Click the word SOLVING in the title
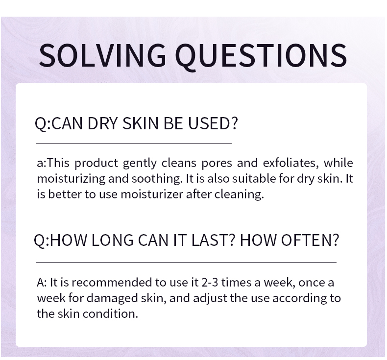[x=102, y=55]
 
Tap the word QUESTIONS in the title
[x=261, y=56]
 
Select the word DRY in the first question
[x=102, y=123]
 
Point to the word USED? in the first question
[x=213, y=123]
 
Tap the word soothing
[x=157, y=179]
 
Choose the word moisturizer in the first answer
[x=151, y=194]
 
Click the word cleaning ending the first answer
[x=239, y=194]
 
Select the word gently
[x=140, y=163]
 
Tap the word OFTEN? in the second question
[x=290, y=240]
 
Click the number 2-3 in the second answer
[x=210, y=282]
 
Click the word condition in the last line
[x=110, y=314]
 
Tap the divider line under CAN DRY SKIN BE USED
[x=134, y=143]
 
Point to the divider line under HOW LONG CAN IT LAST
[x=186, y=262]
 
